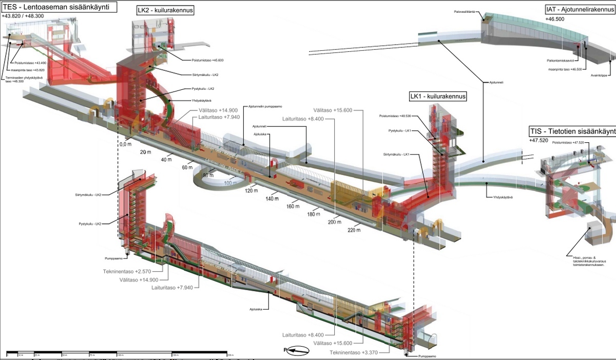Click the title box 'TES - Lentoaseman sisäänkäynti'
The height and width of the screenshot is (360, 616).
pyautogui.click(x=58, y=7)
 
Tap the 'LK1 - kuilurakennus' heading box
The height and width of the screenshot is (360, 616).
pyautogui.click(x=437, y=96)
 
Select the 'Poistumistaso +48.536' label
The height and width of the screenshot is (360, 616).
pyautogui.click(x=392, y=116)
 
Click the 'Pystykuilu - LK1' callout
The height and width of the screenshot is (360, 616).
pyautogui.click(x=399, y=131)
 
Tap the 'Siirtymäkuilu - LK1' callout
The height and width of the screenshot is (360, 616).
pyautogui.click(x=396, y=155)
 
